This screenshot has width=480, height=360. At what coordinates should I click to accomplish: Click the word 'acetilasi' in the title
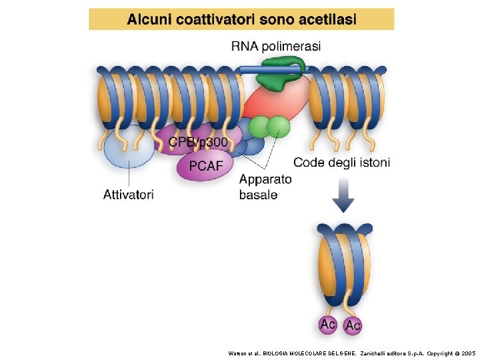point(325,19)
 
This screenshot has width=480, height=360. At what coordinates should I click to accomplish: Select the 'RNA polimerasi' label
point(276,46)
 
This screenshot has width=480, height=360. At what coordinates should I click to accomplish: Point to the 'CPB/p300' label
point(198,142)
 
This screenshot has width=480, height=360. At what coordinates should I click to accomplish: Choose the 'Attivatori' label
point(129,195)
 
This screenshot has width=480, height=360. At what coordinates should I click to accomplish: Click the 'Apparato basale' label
point(265,187)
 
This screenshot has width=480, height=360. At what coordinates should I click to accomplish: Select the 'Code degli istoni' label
point(342,162)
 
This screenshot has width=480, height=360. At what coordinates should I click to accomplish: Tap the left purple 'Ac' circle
point(328,325)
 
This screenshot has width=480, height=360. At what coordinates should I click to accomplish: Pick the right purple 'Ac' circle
point(353,325)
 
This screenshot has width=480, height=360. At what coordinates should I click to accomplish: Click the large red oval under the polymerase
point(273,100)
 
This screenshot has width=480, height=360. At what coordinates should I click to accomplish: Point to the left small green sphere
point(259,127)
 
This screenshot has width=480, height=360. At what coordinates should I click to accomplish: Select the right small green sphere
point(279,125)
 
